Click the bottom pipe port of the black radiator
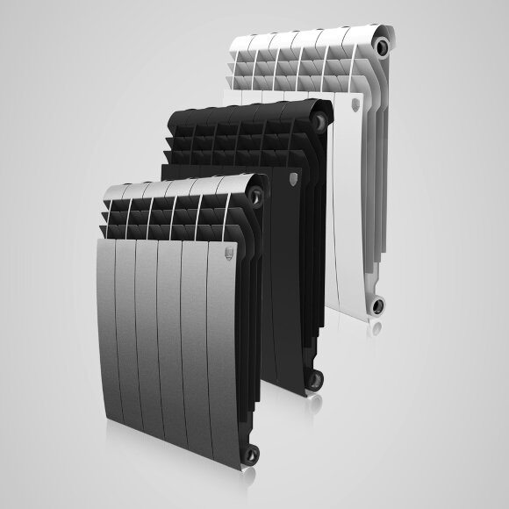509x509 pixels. click(312, 378)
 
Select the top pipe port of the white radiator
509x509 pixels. click(380, 42)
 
